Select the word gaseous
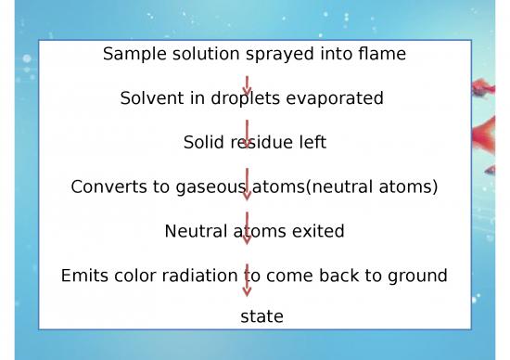[210, 187]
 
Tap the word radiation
[199, 276]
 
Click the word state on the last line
[261, 317]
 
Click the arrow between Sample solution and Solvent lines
[247, 85]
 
